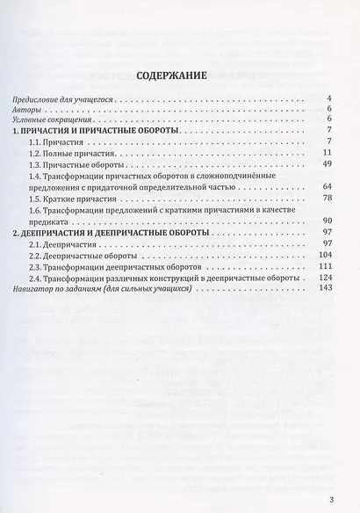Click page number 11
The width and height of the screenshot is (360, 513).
click(x=326, y=153)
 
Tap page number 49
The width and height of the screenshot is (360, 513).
click(x=326, y=164)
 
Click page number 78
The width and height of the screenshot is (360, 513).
click(x=326, y=199)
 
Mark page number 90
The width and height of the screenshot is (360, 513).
click(x=326, y=220)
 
